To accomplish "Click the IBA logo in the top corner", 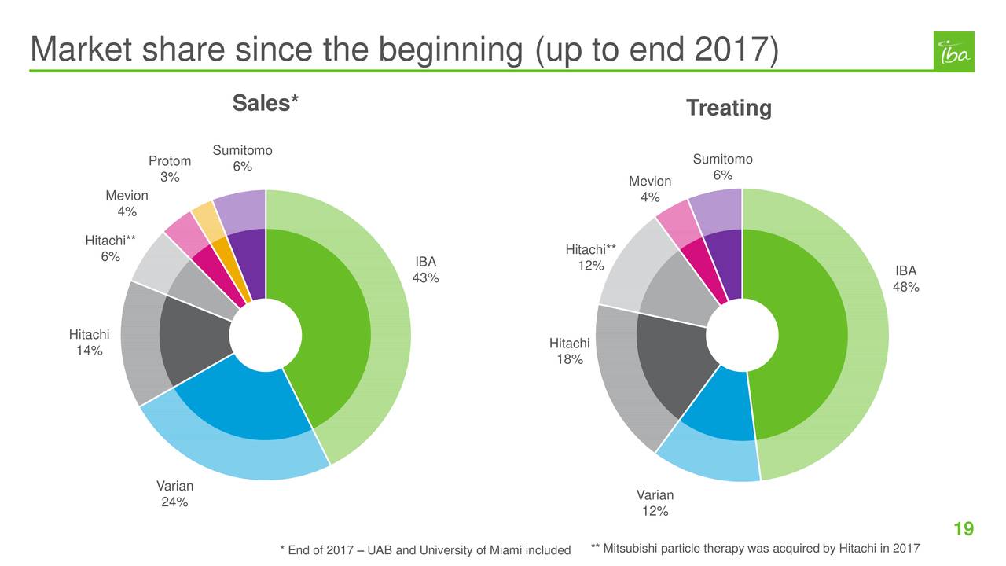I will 953,52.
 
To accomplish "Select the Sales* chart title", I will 266,104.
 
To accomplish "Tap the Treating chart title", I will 729,108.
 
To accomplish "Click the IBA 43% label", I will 426,270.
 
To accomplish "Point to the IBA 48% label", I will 905,279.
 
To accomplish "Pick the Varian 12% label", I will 655,503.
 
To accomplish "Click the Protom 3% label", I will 170,169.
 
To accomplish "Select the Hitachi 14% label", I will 89,343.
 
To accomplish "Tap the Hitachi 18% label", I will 569,351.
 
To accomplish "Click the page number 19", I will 964,528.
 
